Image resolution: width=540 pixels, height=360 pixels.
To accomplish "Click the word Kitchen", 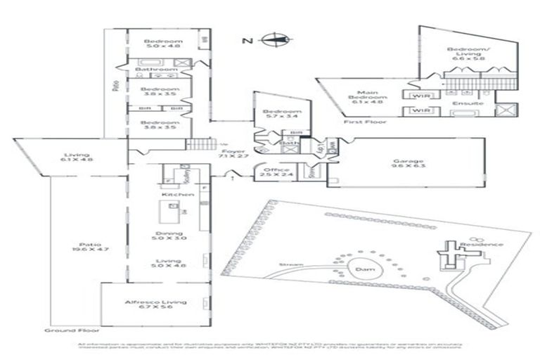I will tap(173, 194).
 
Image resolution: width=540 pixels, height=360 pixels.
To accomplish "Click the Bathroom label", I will tap(156, 70).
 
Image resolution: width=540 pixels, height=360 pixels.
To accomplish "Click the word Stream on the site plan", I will tap(290, 265).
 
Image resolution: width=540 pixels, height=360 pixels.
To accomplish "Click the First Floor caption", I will tap(356, 122).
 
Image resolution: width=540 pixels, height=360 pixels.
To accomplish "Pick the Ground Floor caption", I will tap(72, 330).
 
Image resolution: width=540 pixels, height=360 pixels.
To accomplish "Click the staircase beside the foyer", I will tap(198, 146).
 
